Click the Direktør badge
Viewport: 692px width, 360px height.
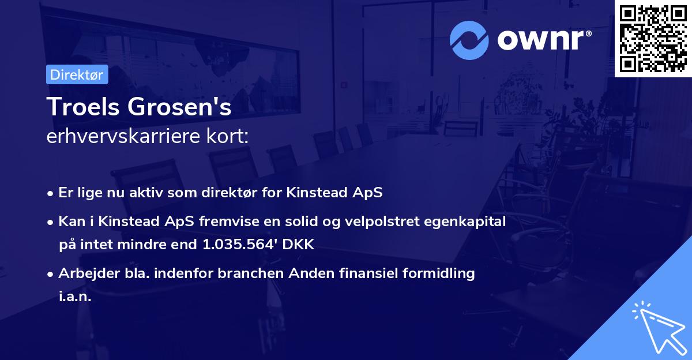click(77, 74)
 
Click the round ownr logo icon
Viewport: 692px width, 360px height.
click(469, 40)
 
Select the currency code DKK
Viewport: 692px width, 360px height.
click(299, 244)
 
